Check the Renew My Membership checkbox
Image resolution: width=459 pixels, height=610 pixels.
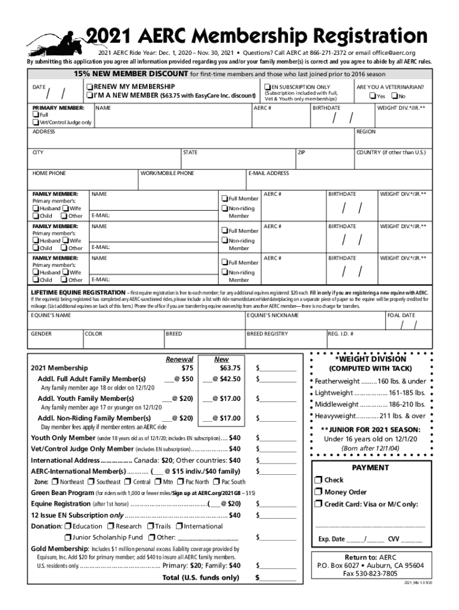point(89,87)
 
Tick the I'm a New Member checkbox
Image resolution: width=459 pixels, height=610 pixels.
point(89,95)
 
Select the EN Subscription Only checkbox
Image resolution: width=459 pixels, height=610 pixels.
point(267,87)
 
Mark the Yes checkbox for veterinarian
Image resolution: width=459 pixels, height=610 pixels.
point(372,97)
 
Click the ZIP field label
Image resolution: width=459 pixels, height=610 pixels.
point(302,152)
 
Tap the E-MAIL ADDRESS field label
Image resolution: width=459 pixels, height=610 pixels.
point(268,173)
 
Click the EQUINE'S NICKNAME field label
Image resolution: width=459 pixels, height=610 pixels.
point(273,315)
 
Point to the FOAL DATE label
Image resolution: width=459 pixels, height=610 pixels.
point(401,315)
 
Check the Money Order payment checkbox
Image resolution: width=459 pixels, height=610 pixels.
point(318,492)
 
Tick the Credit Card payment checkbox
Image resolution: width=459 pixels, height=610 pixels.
point(318,505)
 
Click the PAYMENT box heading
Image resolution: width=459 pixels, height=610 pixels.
point(370,468)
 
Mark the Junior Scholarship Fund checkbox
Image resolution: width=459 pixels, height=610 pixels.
point(67,537)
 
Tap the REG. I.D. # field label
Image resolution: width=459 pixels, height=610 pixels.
point(341,334)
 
